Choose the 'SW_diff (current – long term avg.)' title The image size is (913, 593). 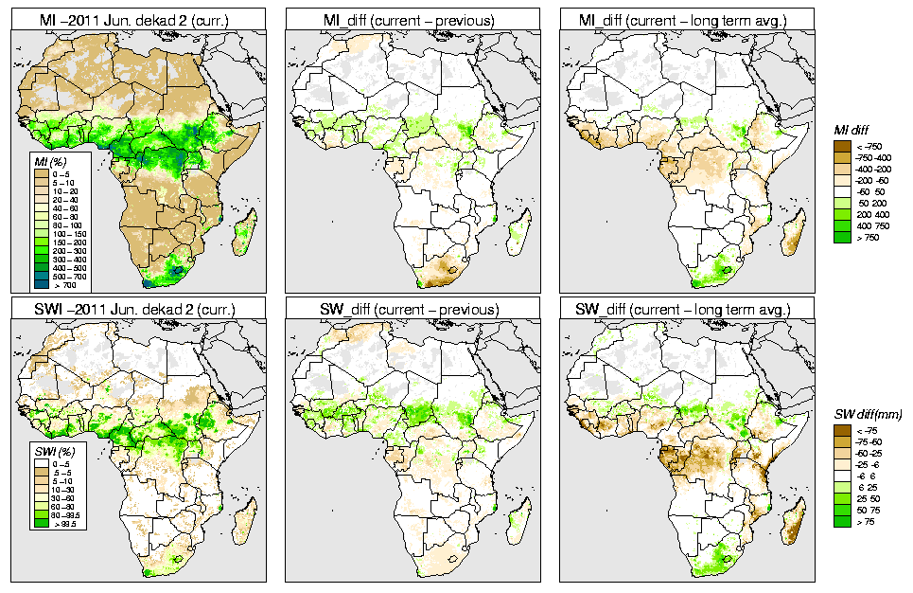click(x=688, y=309)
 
